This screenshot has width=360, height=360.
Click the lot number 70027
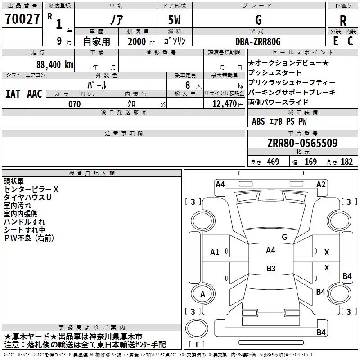coord(22,19)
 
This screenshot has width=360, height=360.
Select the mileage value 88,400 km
coord(55,65)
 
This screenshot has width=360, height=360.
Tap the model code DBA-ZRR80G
coord(258,41)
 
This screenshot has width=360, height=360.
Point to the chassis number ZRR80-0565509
coord(302,143)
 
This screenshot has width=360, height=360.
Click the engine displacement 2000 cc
coord(141,41)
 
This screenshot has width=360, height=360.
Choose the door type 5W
coord(174,20)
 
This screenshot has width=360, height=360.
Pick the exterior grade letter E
coord(335,41)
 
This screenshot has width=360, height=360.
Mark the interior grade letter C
coord(350,41)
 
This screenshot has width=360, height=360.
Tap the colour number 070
coord(75,104)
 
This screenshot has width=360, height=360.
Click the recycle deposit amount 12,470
coord(225,104)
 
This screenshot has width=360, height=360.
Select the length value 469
coord(273,162)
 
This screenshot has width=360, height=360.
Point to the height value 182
coord(346,162)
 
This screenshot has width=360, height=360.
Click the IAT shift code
coord(13,94)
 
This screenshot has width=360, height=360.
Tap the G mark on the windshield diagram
coord(284,237)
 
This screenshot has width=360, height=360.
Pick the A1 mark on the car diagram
coord(215,252)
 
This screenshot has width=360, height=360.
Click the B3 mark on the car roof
coord(271,268)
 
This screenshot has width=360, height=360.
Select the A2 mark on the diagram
coord(321,184)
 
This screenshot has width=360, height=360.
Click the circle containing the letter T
coord(197,328)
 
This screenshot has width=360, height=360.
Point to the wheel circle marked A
coord(202,294)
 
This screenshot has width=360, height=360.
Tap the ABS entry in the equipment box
coord(258,121)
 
